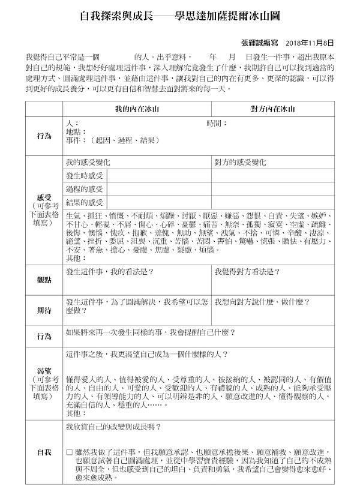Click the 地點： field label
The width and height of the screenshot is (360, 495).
[76, 131]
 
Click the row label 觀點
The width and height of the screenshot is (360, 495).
[44, 280]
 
